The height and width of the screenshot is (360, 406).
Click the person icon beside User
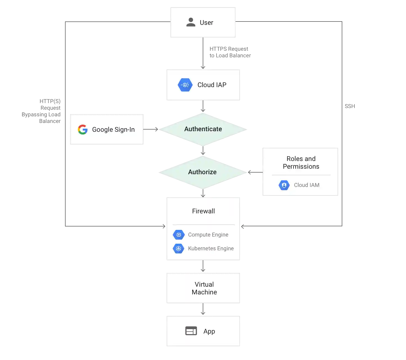(x=191, y=22)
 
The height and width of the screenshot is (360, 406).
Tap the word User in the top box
(x=206, y=23)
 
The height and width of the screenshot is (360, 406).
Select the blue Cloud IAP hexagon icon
(x=185, y=85)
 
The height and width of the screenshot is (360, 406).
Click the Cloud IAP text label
(x=212, y=85)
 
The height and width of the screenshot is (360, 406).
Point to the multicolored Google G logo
(x=83, y=129)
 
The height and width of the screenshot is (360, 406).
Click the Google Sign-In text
(x=113, y=130)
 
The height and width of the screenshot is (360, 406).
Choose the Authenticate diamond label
(x=203, y=129)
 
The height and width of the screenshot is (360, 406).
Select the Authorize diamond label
(x=202, y=172)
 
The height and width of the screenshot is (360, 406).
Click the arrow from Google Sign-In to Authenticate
(x=151, y=129)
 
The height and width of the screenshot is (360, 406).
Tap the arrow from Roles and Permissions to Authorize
(x=255, y=173)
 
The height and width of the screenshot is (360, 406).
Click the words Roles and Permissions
(x=301, y=163)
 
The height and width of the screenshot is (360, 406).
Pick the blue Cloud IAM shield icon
(x=284, y=185)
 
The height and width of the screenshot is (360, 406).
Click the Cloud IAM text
(x=306, y=185)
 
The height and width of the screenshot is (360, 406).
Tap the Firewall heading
(x=203, y=211)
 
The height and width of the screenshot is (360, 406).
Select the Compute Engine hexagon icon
(x=179, y=235)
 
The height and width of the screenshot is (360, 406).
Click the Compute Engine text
(x=208, y=235)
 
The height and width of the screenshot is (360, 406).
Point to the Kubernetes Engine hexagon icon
(x=179, y=249)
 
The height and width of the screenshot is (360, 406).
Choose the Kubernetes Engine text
(x=211, y=249)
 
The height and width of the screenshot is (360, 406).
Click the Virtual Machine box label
(x=204, y=288)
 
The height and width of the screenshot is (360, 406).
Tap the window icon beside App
(x=191, y=331)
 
